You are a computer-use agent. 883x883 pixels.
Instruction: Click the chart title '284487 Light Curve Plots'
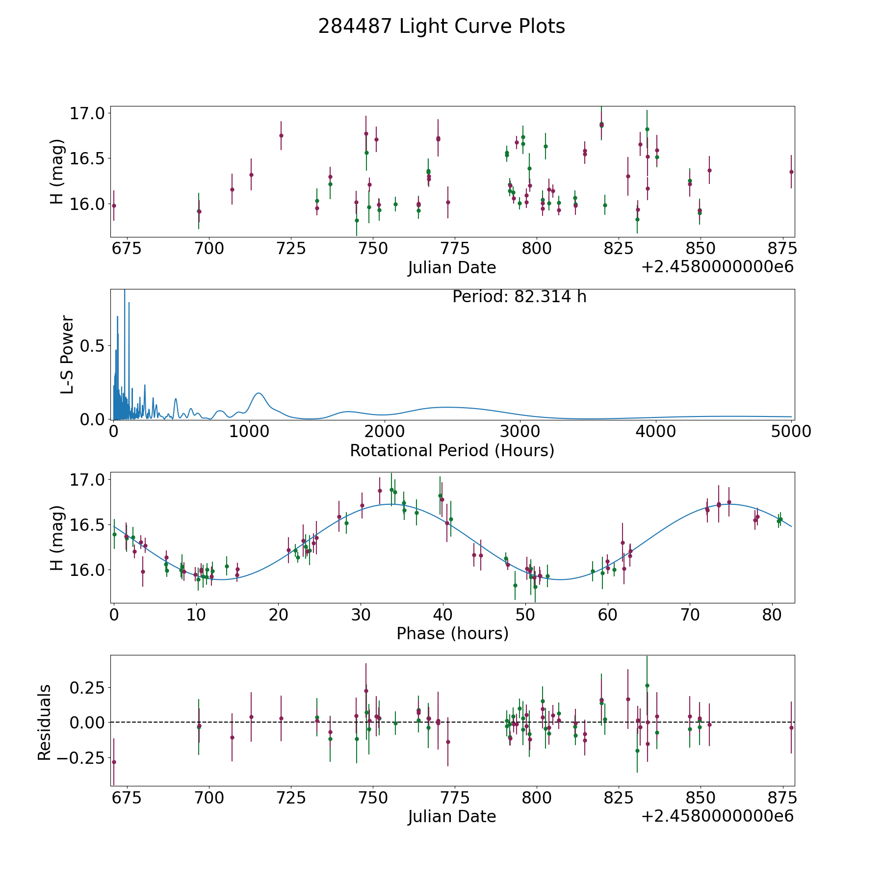point(441,26)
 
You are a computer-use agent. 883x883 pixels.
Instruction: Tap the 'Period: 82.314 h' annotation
point(519,297)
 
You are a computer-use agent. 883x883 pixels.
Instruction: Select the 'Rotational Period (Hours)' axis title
point(452,450)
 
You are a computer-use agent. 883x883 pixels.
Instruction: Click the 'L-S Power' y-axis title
point(67,355)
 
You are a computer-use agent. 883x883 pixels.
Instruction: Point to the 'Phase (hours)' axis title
point(452,633)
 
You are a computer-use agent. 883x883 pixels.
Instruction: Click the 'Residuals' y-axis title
point(45,723)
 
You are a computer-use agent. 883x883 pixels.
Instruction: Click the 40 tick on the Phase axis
point(443,615)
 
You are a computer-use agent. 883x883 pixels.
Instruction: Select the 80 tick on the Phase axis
point(772,615)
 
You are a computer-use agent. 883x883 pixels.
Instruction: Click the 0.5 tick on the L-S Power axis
point(93,346)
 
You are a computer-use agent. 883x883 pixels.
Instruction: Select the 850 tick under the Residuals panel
point(700,798)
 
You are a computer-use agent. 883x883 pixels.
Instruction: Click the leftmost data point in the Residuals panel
point(114,762)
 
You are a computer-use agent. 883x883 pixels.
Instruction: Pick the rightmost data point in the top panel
point(791,172)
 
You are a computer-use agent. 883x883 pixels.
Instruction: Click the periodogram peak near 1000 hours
point(259,393)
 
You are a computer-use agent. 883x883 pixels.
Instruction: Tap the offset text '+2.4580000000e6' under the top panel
point(717,267)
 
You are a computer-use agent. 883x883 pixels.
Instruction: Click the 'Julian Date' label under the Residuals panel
point(452,816)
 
